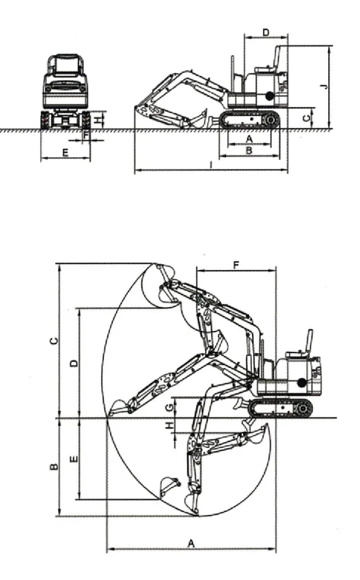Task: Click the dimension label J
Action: [324, 86]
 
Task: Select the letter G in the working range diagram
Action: [169, 408]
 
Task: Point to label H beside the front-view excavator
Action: [97, 120]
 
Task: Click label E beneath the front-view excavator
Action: [66, 153]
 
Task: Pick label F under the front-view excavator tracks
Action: [86, 135]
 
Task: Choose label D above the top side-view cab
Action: [266, 32]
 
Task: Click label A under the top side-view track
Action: [249, 139]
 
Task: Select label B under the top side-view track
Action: [249, 151]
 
